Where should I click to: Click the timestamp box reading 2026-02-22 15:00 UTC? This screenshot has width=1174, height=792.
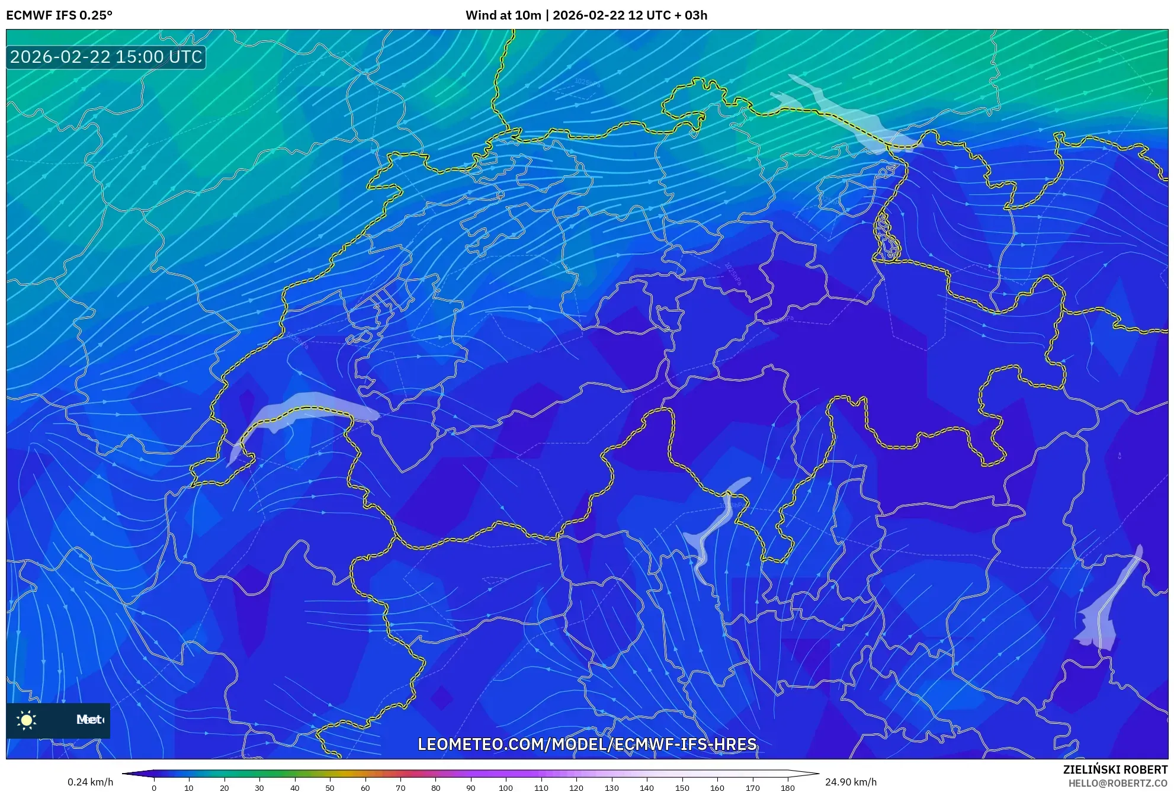click(x=106, y=57)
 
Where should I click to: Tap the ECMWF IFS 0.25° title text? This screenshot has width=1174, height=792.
click(x=59, y=15)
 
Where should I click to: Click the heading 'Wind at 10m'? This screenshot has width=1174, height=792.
click(x=503, y=15)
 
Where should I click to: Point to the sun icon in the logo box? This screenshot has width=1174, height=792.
click(x=27, y=720)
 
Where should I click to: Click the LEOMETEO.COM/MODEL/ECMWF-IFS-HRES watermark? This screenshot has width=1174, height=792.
click(x=587, y=744)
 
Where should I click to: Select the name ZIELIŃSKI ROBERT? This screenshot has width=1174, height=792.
click(x=1115, y=769)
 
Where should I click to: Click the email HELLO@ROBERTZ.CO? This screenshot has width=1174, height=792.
click(x=1118, y=783)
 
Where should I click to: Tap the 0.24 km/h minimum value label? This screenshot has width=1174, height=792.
click(x=90, y=782)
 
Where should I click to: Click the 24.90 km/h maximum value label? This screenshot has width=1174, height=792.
click(x=851, y=782)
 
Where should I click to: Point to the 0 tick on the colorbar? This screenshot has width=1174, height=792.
click(x=154, y=788)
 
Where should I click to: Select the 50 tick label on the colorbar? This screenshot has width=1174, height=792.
click(x=330, y=788)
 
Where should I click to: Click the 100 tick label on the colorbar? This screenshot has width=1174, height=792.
click(x=505, y=788)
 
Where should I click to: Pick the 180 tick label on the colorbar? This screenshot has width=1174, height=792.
click(x=787, y=788)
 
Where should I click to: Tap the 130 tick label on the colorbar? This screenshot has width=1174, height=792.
click(x=611, y=788)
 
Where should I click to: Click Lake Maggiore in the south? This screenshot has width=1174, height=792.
click(x=714, y=527)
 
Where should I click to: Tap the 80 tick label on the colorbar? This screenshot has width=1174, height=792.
click(x=435, y=788)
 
